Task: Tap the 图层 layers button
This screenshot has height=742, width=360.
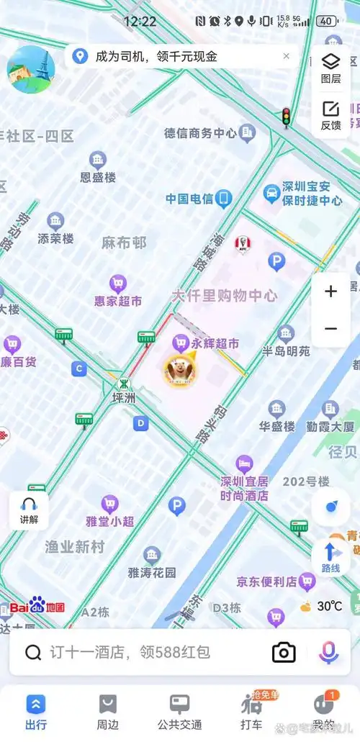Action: coord(330,67)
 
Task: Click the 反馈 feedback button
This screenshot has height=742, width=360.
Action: coord(330,115)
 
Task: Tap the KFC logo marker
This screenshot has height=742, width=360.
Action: coord(243,245)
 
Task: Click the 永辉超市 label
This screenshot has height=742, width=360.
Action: coord(215,344)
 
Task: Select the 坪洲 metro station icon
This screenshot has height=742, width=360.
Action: coord(125,383)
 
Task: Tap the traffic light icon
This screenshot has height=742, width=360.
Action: coord(286,117)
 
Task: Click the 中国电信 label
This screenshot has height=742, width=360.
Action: coord(189,199)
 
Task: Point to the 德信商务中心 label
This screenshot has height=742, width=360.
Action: coord(200,133)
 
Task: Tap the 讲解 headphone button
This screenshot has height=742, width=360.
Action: coord(29,510)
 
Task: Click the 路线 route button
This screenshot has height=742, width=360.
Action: coord(330,558)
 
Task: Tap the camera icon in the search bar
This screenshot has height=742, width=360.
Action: coord(284,652)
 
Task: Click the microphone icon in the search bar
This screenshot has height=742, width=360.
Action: coord(328,652)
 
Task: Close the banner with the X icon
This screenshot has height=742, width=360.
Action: coord(286,56)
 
